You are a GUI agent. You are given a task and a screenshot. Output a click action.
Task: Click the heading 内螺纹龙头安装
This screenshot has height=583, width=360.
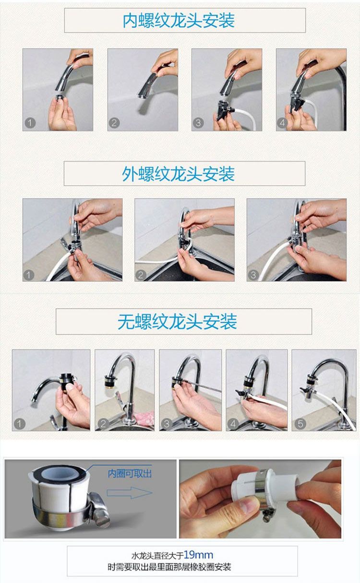click(x=179, y=21)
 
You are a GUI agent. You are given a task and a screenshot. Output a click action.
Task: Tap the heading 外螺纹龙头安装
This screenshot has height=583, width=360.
click(x=178, y=174)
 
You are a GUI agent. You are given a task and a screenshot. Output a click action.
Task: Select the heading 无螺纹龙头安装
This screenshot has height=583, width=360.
click(x=177, y=321)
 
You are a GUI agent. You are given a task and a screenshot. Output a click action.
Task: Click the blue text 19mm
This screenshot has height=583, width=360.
click(x=198, y=555)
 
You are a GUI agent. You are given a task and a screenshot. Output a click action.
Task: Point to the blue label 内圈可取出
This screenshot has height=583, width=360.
click(x=130, y=473)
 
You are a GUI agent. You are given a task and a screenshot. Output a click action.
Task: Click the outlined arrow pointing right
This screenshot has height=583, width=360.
click(x=130, y=492)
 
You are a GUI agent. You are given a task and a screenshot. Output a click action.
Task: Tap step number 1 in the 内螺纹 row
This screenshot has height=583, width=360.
click(x=30, y=123)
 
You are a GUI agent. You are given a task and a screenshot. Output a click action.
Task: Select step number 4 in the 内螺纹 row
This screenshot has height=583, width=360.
click(x=282, y=123)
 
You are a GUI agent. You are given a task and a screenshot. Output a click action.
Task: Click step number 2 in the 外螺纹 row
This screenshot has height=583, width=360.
click(x=141, y=275)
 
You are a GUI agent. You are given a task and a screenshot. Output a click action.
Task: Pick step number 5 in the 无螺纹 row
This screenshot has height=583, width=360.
click(x=300, y=424)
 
